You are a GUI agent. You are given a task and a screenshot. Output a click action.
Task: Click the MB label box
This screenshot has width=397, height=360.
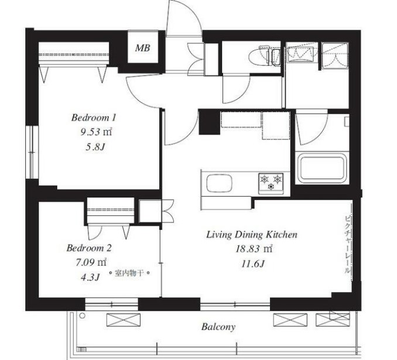click(x=143, y=47)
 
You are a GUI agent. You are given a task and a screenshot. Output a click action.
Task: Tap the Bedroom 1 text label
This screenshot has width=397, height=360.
click(x=94, y=118)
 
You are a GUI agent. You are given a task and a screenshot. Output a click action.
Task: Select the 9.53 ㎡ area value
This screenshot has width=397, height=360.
click(x=96, y=132)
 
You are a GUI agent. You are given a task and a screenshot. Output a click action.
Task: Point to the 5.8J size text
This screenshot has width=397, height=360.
click(x=95, y=147)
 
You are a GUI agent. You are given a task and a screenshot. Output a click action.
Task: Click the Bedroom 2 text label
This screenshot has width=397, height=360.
click(x=89, y=248)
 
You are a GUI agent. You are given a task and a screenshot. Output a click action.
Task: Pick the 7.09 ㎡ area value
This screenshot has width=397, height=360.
click(x=91, y=262)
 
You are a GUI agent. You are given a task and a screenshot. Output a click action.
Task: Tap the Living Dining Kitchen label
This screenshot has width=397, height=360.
click(x=252, y=235)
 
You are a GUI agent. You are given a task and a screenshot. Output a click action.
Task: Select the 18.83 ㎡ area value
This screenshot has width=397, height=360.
click(x=254, y=249)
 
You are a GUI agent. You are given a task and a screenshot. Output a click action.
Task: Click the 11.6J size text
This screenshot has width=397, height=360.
click(x=253, y=264)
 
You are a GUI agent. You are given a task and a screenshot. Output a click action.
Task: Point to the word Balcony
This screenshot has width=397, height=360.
click(x=218, y=327)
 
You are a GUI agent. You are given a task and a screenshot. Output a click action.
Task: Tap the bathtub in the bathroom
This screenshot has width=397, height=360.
click(x=322, y=167)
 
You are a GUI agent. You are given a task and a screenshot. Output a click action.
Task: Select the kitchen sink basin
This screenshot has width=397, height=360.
click(x=220, y=183)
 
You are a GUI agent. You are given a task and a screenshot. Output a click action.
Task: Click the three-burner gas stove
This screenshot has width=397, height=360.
click(x=271, y=183)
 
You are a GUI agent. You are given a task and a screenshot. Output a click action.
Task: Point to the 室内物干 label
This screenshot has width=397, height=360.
click(x=129, y=273)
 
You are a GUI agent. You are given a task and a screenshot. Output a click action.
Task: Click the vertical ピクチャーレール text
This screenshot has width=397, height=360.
click(x=348, y=244)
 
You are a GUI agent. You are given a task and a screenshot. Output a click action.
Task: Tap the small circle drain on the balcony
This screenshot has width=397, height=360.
click(x=82, y=316)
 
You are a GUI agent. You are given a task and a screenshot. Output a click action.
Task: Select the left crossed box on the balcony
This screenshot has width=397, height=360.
click(x=124, y=320)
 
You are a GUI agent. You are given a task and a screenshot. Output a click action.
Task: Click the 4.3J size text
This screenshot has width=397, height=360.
click(x=90, y=277)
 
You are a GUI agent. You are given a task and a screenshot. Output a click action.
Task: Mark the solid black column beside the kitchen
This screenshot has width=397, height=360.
click(x=209, y=122)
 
